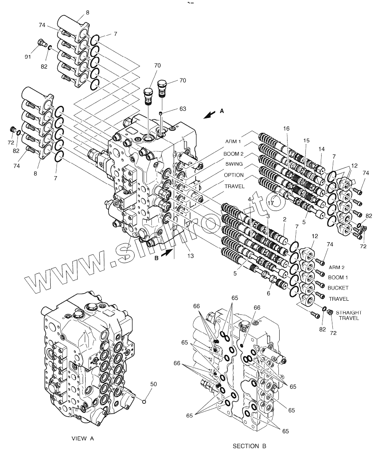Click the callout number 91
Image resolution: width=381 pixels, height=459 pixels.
coord(28,56)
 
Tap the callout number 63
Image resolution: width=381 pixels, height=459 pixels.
coord(183,109)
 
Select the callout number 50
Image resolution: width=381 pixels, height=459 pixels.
coord(153,384)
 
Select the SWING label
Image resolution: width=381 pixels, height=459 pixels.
coord(234,164)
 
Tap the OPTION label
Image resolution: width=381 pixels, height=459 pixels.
coord(234,175)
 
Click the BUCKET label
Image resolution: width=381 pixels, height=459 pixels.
coord(338,288)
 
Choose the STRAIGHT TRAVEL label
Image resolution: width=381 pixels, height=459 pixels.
coord(349,315)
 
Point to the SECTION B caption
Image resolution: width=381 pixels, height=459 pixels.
coord(249,447)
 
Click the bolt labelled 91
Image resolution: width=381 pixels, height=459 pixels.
coord(41,42)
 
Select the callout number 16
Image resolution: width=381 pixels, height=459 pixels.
coord(286,129)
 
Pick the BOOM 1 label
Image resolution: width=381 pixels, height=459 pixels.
coord(338,277)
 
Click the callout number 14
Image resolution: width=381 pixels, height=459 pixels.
coord(322,149)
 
